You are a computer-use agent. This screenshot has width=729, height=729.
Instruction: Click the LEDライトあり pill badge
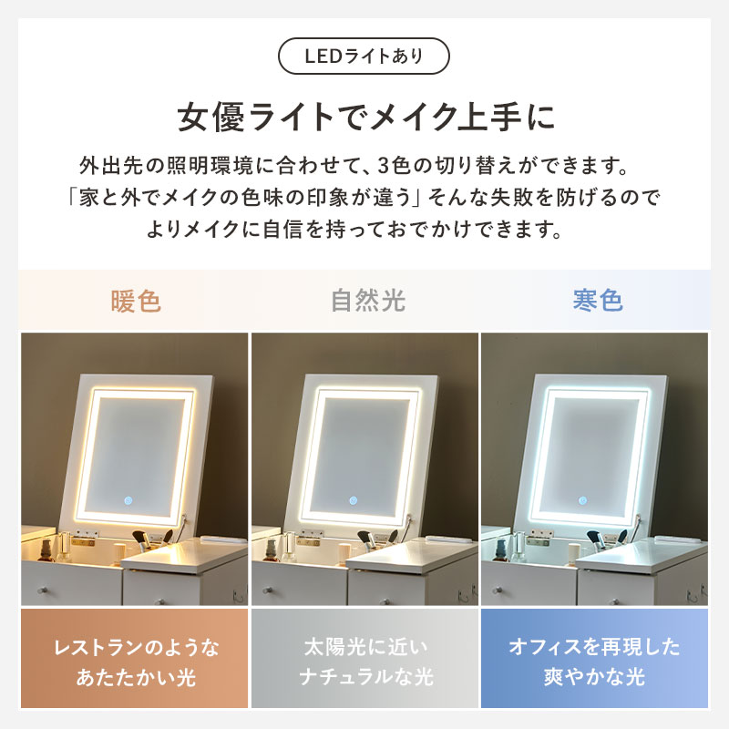(x=364, y=56)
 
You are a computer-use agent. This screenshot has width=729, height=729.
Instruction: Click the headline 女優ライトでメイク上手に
(x=366, y=117)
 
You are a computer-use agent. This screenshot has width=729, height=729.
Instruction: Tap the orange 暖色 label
(x=136, y=301)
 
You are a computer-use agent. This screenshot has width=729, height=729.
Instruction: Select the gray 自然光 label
(x=368, y=301)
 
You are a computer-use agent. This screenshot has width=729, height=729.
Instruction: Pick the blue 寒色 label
(x=598, y=300)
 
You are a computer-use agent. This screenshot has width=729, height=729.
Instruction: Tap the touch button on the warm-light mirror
(x=128, y=500)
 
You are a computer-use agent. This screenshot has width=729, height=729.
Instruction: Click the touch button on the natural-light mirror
(x=354, y=500)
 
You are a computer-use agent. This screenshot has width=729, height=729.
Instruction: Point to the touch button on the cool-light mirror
(x=582, y=500)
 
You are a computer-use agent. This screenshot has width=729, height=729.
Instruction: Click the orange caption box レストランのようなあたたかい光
(x=134, y=658)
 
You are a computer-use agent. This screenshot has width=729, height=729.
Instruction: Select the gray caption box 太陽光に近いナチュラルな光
(x=365, y=658)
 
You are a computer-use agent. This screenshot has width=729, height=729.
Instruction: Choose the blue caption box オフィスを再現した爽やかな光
(x=595, y=658)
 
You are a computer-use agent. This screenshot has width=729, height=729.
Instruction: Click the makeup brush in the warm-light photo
(x=141, y=541)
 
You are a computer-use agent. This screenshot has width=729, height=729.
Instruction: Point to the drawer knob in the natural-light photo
(x=269, y=590)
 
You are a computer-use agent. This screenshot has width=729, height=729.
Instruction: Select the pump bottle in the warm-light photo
(x=46, y=550)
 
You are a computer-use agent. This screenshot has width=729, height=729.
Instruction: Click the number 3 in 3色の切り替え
(x=383, y=166)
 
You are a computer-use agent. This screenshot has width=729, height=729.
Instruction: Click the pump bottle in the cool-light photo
(x=502, y=550)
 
